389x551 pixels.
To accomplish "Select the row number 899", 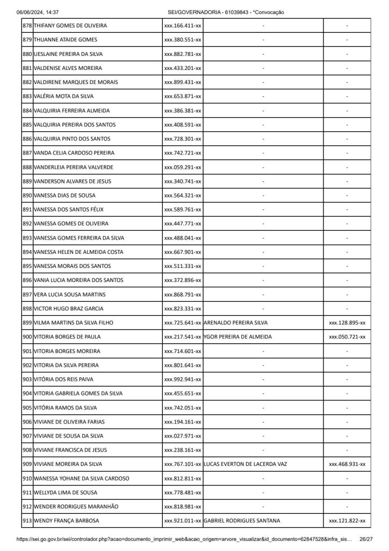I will click(x=27, y=323).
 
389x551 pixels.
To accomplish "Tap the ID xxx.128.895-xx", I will click(x=347, y=323).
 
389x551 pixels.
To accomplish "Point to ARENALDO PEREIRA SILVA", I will click(x=236, y=323).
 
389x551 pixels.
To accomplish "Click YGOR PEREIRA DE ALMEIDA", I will click(x=238, y=337).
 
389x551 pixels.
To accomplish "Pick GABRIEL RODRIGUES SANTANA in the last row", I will click(x=242, y=521).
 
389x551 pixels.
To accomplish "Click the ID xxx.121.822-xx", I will click(x=347, y=521).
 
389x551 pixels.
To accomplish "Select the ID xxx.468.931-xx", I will click(x=347, y=464).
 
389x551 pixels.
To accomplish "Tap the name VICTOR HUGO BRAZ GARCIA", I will click(x=68, y=309).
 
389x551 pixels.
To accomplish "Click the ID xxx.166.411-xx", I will click(x=183, y=26).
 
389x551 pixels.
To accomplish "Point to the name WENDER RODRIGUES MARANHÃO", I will click(x=76, y=506).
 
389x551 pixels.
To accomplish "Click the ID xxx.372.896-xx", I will click(x=183, y=280).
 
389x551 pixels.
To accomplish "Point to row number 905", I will click(x=27, y=408).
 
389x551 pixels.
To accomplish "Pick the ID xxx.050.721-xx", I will click(x=347, y=337).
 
